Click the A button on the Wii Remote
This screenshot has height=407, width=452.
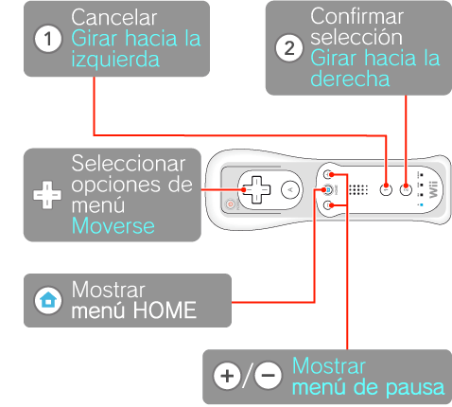coord(290,190)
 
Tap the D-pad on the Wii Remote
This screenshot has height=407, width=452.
coord(256,190)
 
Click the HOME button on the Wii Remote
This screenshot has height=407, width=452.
coord(328,190)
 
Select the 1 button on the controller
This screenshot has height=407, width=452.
coord(386,189)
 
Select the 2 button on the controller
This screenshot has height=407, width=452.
coord(406,189)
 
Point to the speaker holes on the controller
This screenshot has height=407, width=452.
coord(358,190)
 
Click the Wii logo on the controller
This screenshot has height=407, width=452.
coord(434,189)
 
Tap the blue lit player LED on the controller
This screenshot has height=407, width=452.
coord(422,205)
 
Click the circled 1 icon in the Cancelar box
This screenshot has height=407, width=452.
coord(48,39)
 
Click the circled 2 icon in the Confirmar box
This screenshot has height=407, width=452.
coord(289,48)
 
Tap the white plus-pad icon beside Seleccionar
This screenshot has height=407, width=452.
coord(47,195)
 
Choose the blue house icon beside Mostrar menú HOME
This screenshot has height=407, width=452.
coord(48,300)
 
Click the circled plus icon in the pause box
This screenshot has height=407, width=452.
coord(227,376)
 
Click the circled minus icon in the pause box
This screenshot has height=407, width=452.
coord(269,376)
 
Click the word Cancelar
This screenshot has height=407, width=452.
coord(114,17)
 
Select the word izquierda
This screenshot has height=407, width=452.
coord(115,60)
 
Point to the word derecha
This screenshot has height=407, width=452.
coord(350,79)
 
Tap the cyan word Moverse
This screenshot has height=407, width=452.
coord(113,226)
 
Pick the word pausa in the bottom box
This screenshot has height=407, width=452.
coord(415,388)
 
